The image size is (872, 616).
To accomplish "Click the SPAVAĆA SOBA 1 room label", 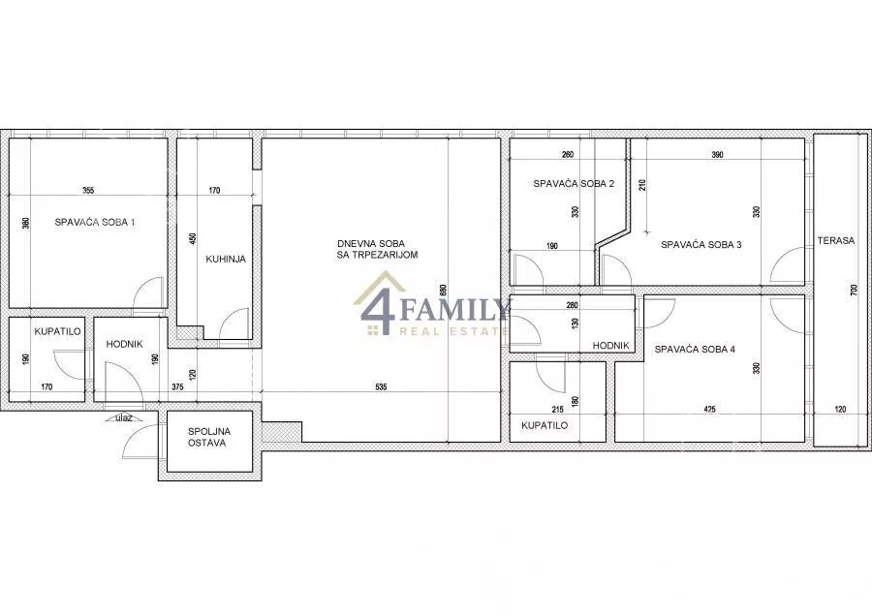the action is tap(95, 223).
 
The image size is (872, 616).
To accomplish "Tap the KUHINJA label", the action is tap(226, 259).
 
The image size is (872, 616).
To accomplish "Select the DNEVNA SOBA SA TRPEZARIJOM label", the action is tap(378, 249).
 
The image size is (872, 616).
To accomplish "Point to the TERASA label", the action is tap(836, 241).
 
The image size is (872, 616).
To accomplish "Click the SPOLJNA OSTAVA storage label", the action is tap(209, 437).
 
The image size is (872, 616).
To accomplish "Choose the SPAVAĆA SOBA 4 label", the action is tap(695, 349).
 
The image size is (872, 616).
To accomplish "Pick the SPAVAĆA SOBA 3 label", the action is tap(701, 244).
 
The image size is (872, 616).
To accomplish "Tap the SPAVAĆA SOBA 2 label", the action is tap(574, 183).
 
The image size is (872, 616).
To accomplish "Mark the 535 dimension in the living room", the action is tap(381, 387).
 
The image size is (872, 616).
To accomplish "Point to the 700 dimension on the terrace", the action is tap(854, 291).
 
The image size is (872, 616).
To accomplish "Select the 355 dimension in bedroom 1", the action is tap(88, 190).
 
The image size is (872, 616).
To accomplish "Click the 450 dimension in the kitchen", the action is tap(193, 238).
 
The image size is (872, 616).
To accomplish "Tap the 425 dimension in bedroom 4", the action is tap(709, 409).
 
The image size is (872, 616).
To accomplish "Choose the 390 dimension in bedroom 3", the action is tap(717, 155).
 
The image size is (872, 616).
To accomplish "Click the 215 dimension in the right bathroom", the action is tap(558, 410).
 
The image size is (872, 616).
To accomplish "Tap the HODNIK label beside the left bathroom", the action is tap(125, 344).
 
